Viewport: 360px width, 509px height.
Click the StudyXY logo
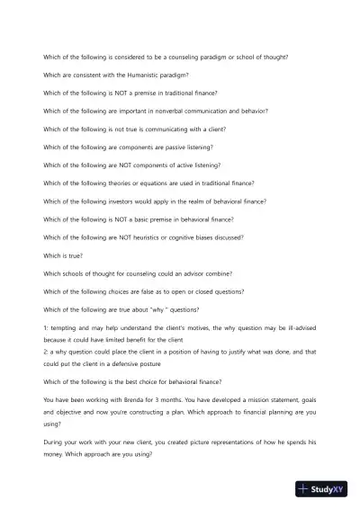(x=320, y=489)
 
